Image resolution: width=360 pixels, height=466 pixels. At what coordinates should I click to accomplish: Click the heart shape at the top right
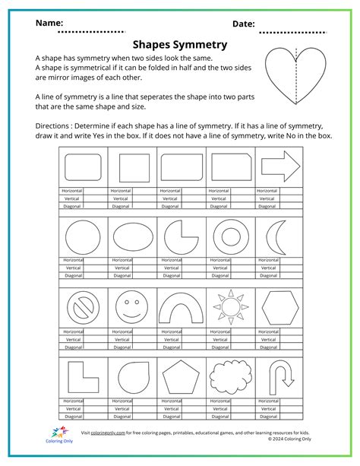pos(297,78)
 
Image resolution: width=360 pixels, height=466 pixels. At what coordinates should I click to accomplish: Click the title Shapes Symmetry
pos(180,44)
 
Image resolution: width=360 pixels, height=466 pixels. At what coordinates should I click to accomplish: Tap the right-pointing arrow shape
pos(279,166)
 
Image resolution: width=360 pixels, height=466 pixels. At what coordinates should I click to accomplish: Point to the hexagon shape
pos(278,308)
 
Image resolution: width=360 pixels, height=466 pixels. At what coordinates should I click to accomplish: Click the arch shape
pos(181,308)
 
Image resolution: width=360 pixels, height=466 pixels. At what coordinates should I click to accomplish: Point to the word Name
pos(49,24)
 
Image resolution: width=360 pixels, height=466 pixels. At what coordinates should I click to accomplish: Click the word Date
pos(244,24)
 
